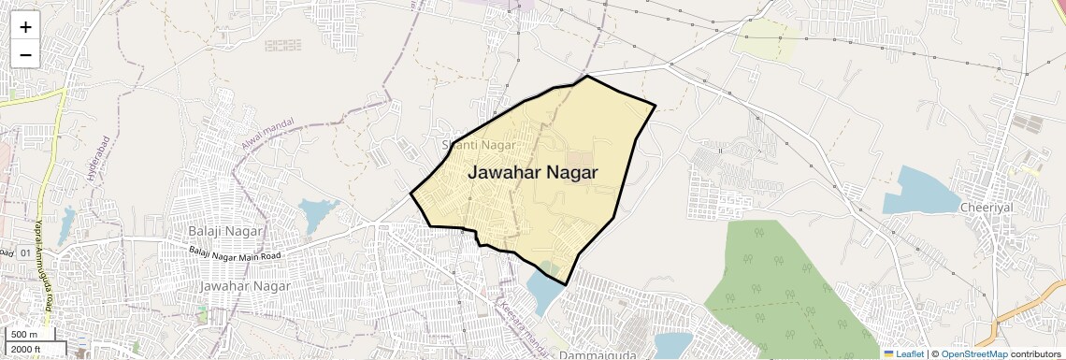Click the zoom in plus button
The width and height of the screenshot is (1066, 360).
[25, 27]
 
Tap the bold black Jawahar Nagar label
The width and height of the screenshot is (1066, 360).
[532, 173]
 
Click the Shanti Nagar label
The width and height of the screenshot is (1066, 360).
[478, 145]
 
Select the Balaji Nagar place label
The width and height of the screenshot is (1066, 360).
[224, 231]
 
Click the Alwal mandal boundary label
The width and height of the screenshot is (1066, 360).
[267, 136]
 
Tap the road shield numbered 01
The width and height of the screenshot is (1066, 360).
[25, 252]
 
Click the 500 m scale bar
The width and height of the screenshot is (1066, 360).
[28, 335]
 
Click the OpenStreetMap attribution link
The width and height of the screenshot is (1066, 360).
[973, 353]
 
